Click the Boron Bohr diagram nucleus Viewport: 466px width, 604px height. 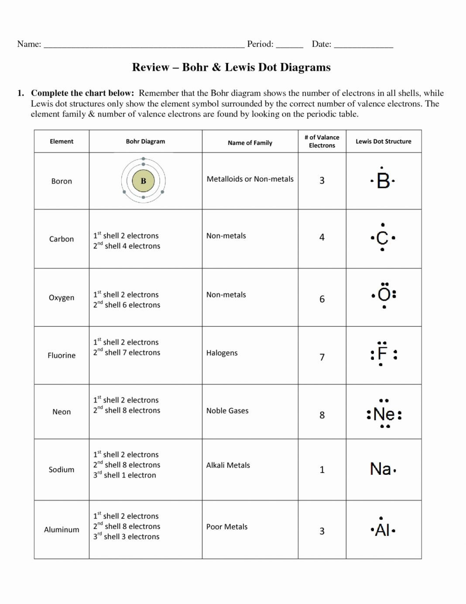click(143, 181)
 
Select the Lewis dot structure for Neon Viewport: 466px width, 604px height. click(384, 414)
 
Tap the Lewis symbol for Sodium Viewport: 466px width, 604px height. click(382, 469)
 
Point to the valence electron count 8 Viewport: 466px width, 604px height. click(322, 415)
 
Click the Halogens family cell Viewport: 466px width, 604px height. click(222, 353)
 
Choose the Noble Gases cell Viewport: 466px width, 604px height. click(227, 411)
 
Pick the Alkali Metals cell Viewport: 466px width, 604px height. click(228, 465)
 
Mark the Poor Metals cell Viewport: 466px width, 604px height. click(226, 527)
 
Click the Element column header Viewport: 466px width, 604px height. click(62, 142)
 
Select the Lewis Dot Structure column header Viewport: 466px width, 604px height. click(383, 142)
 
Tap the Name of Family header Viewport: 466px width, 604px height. click(250, 143)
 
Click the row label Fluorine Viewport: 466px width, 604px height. click(62, 355)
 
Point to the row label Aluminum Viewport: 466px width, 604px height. click(62, 529)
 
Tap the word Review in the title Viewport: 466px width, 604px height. click(151, 67)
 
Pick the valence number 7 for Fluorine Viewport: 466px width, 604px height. click(322, 357)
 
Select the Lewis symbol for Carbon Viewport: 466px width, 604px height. click(382, 238)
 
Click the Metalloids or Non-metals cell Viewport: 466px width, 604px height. click(250, 179)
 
